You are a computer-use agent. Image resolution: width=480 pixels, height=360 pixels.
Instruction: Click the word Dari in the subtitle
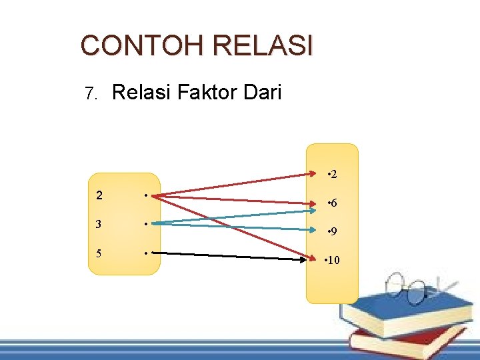tap(261, 92)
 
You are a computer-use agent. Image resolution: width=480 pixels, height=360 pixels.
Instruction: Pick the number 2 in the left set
tap(99, 196)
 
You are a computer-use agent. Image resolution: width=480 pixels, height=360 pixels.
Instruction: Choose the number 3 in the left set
tap(99, 225)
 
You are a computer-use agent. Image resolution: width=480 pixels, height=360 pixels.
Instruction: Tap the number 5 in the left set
tap(99, 253)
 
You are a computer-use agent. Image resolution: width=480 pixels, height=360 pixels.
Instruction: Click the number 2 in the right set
tap(333, 175)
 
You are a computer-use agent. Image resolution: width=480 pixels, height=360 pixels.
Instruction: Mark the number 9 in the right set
tap(333, 233)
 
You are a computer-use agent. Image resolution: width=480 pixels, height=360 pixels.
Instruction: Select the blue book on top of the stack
tap(400, 310)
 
